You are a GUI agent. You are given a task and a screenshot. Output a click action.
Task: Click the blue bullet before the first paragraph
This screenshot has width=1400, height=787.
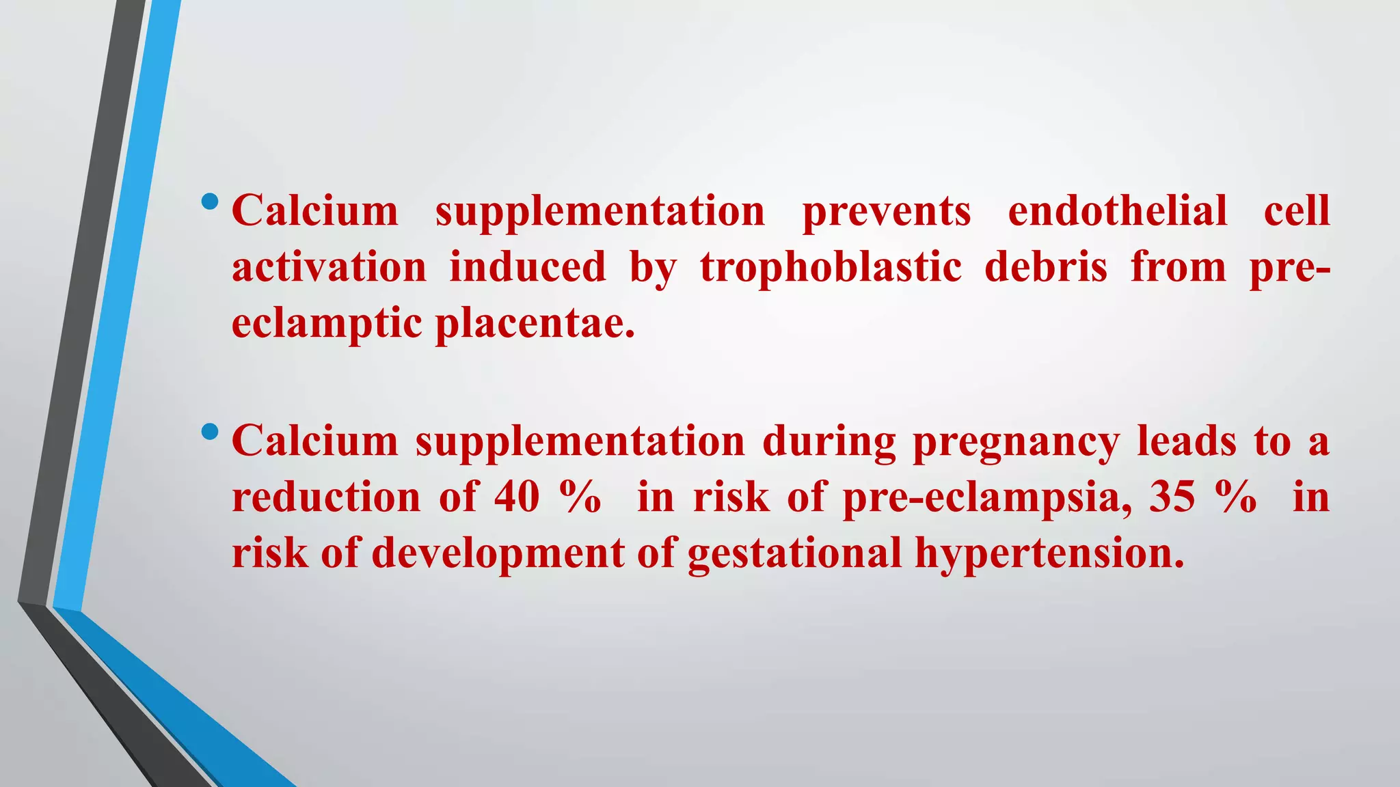[210, 202]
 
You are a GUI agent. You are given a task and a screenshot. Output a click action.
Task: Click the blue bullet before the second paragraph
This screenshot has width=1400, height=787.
[210, 432]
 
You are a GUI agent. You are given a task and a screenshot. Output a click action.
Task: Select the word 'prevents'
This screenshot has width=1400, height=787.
[887, 211]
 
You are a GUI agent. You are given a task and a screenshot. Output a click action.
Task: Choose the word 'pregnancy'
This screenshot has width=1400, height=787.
[1016, 442]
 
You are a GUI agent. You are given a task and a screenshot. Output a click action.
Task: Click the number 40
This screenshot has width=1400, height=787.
[517, 497]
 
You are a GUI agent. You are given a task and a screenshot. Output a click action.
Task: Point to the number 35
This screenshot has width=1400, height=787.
[1172, 497]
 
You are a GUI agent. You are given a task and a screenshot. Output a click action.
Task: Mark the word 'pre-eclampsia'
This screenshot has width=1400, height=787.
[986, 497]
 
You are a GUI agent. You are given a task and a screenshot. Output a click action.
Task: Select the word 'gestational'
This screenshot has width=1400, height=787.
[794, 553]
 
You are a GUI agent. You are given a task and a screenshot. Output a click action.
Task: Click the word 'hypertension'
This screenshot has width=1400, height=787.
[1049, 553]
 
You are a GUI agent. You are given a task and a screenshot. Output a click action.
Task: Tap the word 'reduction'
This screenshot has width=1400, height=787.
[326, 497]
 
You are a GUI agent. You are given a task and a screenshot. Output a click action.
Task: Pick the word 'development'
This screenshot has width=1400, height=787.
[498, 553]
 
